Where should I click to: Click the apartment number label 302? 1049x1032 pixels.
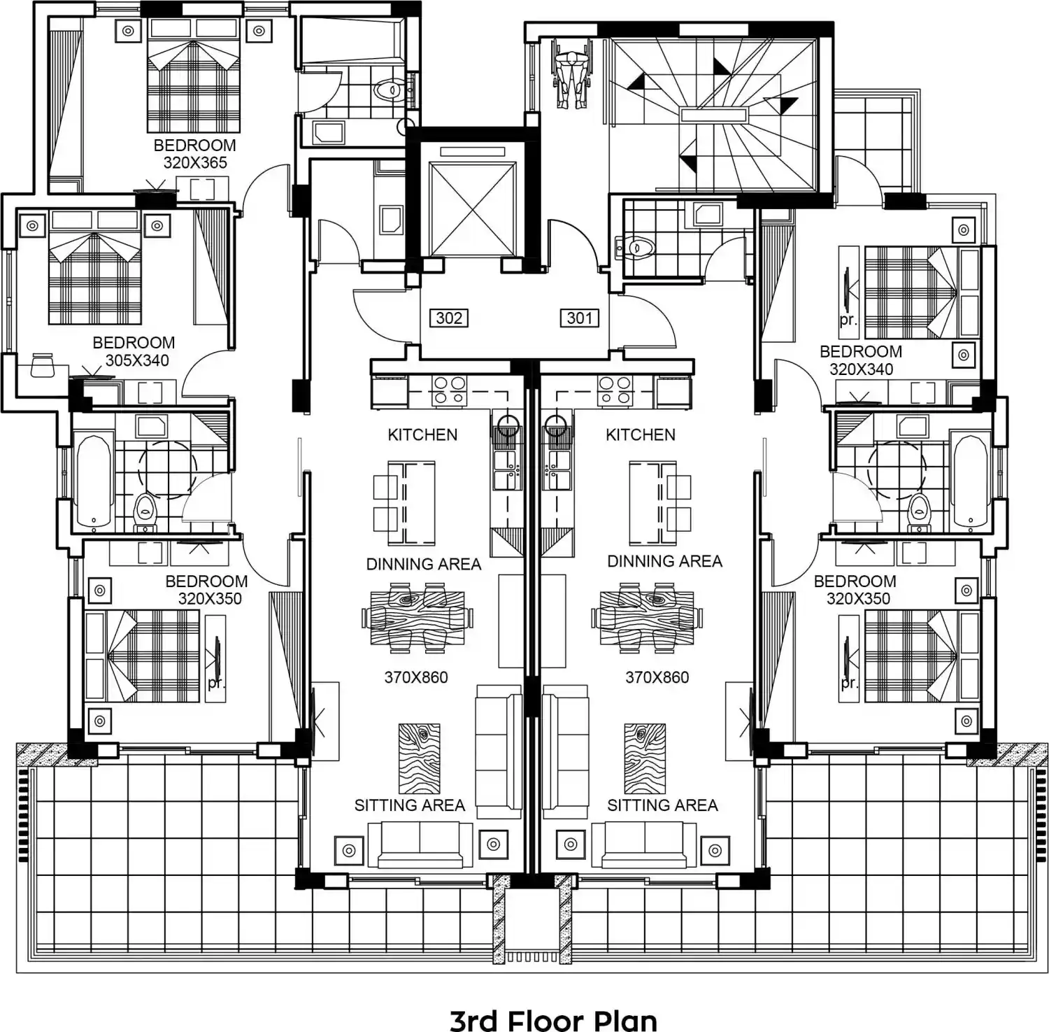tap(448, 318)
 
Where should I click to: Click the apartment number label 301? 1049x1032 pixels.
tap(579, 318)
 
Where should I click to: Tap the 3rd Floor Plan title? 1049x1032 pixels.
tap(553, 1020)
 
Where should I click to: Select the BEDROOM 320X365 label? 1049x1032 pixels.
tap(195, 154)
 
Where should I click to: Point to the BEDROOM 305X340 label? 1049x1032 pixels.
tap(134, 351)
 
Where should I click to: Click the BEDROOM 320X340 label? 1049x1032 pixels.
tap(861, 360)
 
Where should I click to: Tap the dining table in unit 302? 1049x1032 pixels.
tap(418, 619)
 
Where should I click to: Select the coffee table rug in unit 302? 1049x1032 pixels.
tap(420, 759)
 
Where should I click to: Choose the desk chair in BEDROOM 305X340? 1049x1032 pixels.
tap(43, 365)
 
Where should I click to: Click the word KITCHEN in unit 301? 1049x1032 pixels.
tap(641, 434)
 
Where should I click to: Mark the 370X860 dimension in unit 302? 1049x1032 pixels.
tap(416, 677)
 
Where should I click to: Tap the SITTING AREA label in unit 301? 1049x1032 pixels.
tap(662, 805)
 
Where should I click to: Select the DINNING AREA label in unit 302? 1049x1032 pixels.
tap(424, 564)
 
